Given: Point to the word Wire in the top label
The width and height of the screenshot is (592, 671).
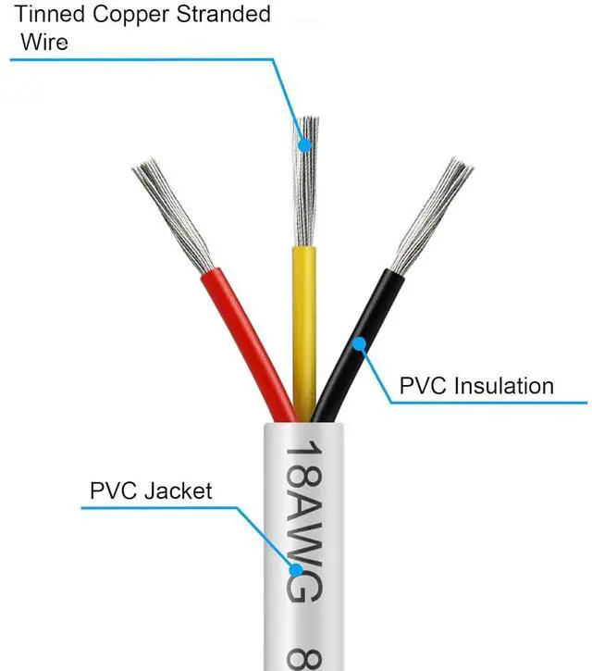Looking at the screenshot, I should pos(43,43).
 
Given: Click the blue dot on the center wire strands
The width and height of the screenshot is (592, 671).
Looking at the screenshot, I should pos(304,145).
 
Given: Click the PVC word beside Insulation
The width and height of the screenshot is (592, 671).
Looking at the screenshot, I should pos(422,385).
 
